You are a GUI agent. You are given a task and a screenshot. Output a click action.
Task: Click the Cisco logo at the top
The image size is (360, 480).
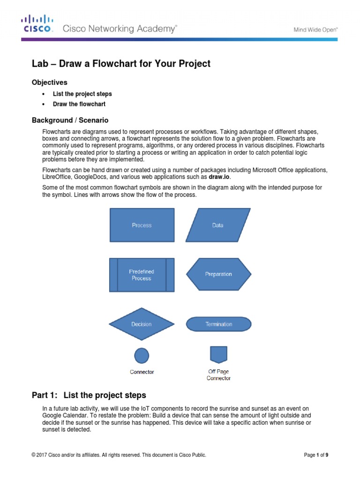(37, 23)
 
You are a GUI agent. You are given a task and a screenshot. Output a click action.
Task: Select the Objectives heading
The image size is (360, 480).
(50, 82)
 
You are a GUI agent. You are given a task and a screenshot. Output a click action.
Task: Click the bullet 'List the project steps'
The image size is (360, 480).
(82, 94)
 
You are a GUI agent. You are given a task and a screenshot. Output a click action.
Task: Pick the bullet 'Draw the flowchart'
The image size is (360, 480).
(79, 104)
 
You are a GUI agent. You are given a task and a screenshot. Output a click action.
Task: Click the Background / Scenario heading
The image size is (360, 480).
(70, 120)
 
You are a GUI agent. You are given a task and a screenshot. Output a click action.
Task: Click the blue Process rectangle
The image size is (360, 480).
(142, 225)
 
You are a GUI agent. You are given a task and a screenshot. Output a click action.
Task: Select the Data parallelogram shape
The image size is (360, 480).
(218, 225)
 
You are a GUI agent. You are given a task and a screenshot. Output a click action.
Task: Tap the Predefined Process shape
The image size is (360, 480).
(142, 275)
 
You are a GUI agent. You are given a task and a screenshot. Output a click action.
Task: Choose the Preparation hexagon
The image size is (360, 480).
(218, 274)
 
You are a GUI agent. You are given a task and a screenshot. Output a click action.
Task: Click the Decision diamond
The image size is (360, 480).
(142, 324)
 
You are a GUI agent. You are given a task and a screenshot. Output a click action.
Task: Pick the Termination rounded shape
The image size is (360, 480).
(218, 324)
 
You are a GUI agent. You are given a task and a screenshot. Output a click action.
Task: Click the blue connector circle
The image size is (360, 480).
(142, 355)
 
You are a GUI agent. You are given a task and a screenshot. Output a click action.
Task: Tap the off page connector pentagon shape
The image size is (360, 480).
(218, 354)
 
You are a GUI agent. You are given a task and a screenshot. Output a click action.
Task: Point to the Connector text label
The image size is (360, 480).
(142, 372)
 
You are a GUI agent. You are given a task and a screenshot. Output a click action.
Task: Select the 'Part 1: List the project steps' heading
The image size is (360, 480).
(89, 395)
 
